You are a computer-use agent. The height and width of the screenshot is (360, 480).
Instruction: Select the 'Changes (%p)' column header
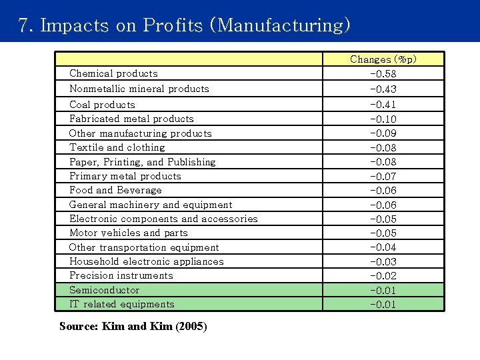coord(383,59)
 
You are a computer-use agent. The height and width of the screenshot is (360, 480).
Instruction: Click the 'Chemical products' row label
coord(113,73)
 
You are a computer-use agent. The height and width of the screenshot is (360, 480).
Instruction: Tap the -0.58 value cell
coord(383,73)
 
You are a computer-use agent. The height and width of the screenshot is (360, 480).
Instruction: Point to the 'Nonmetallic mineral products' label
coord(139,89)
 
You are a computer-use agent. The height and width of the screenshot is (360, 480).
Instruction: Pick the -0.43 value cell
coord(383,89)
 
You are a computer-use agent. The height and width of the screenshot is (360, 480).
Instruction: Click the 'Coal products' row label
coord(102,105)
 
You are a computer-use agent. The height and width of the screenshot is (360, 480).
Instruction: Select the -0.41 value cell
coord(383,105)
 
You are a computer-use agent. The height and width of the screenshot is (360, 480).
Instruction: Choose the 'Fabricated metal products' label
coord(131,119)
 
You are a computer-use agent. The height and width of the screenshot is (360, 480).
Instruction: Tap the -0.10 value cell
coord(383,119)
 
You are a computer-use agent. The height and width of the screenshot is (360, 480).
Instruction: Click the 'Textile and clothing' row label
coord(117,147)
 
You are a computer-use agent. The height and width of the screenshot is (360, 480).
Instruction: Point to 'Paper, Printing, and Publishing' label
coord(142,162)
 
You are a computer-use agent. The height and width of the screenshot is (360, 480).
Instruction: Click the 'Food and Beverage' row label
coord(115,190)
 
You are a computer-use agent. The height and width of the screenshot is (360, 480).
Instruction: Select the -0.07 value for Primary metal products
coord(383,176)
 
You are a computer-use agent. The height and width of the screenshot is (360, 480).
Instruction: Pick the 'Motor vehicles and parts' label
coord(128,233)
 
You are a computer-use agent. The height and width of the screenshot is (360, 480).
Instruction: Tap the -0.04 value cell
coord(383,247)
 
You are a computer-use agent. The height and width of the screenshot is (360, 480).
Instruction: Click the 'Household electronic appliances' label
coord(146,261)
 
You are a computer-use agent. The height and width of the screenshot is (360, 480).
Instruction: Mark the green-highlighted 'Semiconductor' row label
coord(104,290)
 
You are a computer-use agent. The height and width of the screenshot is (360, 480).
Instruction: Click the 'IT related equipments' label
coord(121,304)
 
